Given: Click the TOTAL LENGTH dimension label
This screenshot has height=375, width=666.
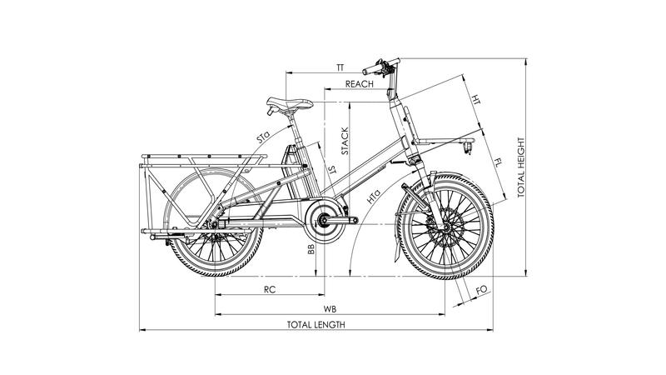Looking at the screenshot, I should [x=316, y=324].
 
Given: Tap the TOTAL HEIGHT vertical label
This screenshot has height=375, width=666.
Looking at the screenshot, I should [x=521, y=167].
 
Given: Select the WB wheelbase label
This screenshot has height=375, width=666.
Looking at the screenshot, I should [x=330, y=308].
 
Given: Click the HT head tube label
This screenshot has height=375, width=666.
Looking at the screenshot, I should [x=475, y=101].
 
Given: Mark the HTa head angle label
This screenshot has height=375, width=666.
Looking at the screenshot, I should [x=371, y=198].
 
